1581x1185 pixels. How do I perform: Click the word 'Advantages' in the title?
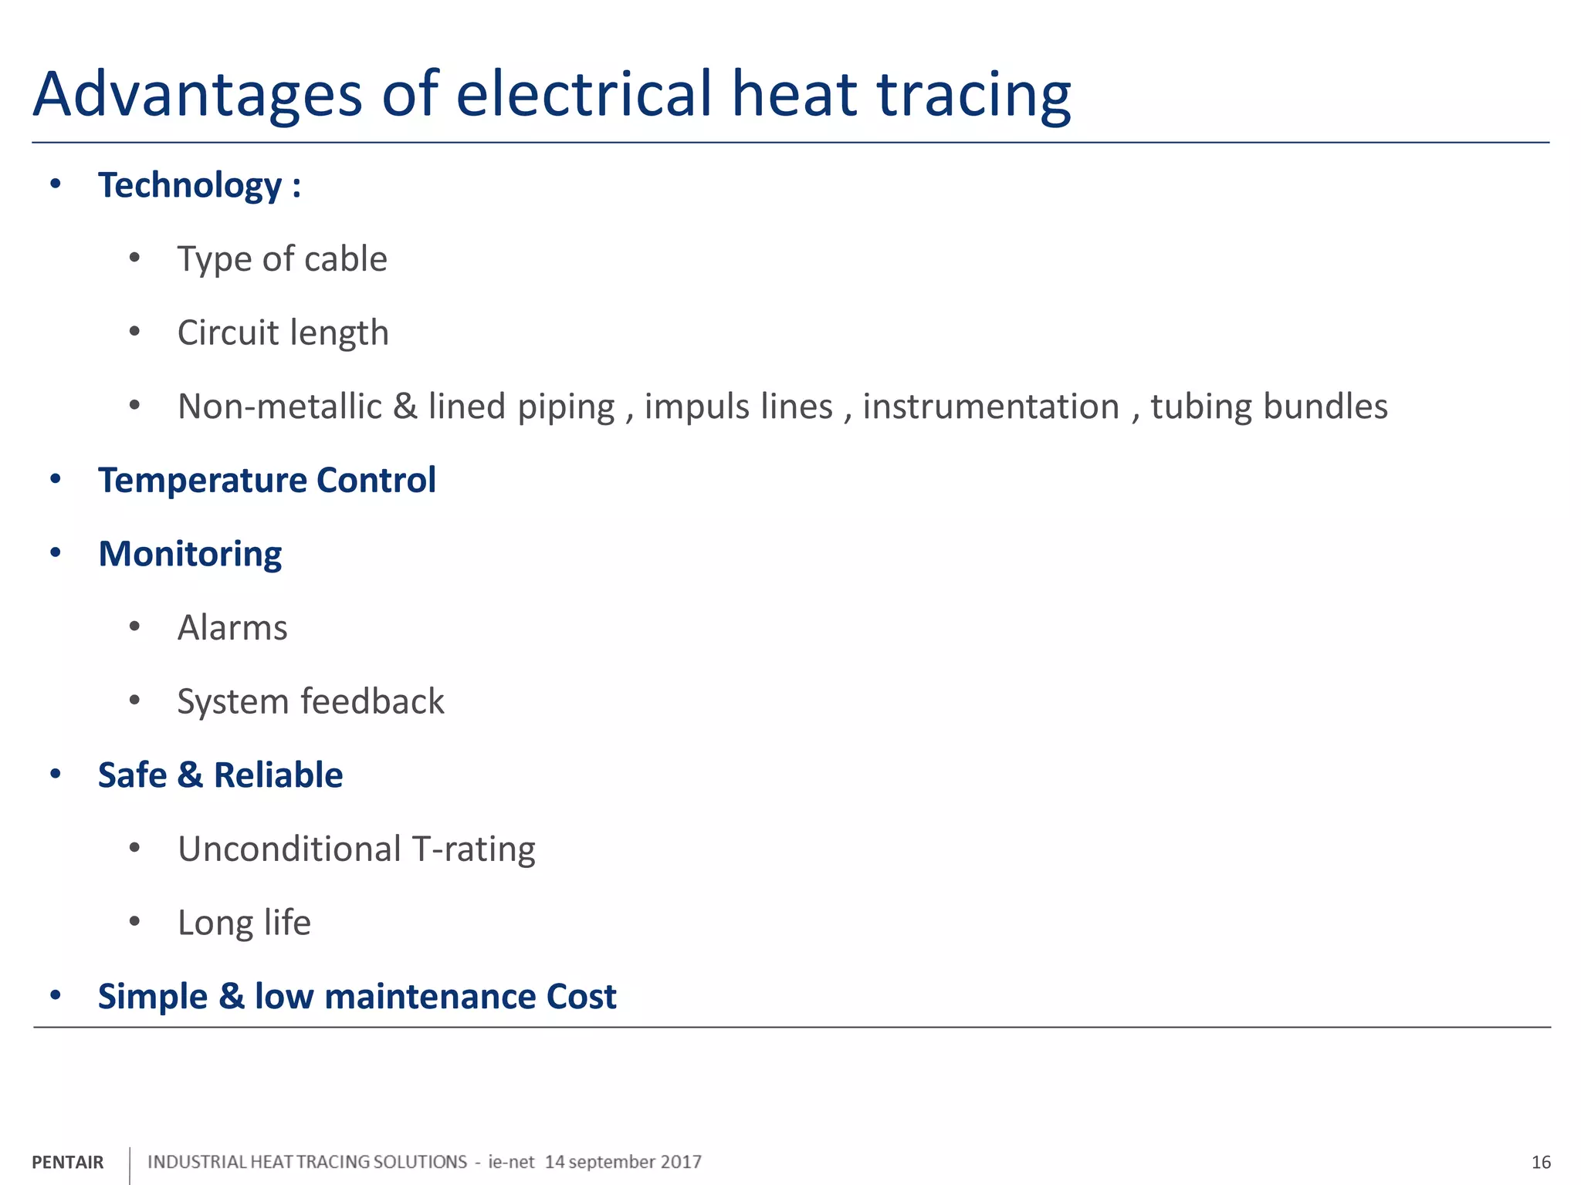198,96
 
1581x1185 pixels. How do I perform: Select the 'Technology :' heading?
199,186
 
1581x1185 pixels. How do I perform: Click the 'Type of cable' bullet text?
282,259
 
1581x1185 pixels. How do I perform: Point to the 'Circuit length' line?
283,333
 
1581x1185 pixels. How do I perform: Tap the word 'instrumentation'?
990,407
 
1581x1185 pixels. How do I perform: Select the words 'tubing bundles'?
1268,407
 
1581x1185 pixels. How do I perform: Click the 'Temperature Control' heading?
266,481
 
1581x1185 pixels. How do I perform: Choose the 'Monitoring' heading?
190,555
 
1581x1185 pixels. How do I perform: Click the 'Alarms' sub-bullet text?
232,628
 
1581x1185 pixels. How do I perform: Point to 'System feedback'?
310,702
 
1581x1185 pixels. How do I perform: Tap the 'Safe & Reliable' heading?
220,775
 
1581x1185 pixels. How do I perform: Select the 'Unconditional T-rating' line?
356,849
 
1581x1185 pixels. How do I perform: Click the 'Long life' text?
244,923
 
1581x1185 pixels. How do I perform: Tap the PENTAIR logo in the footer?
68,1162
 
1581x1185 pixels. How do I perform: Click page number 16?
1541,1163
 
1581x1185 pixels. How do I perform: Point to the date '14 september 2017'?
623,1162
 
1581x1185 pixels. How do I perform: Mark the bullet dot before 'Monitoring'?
55,553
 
